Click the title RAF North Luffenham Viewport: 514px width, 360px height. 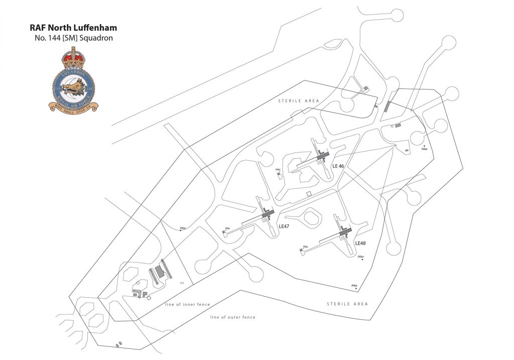73,28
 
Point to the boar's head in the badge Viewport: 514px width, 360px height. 75,85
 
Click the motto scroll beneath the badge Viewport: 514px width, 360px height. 74,107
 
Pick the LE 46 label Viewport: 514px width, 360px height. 338,165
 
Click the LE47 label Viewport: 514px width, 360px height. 284,226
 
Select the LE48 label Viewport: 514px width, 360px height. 360,243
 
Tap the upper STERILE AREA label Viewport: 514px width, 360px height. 299,101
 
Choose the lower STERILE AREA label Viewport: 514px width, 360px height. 347,304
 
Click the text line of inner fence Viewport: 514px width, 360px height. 187,305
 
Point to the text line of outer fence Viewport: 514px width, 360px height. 233,317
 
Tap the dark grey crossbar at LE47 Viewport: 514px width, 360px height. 267,215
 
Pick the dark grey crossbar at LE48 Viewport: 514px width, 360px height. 345,231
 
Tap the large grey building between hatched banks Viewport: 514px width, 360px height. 160,272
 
